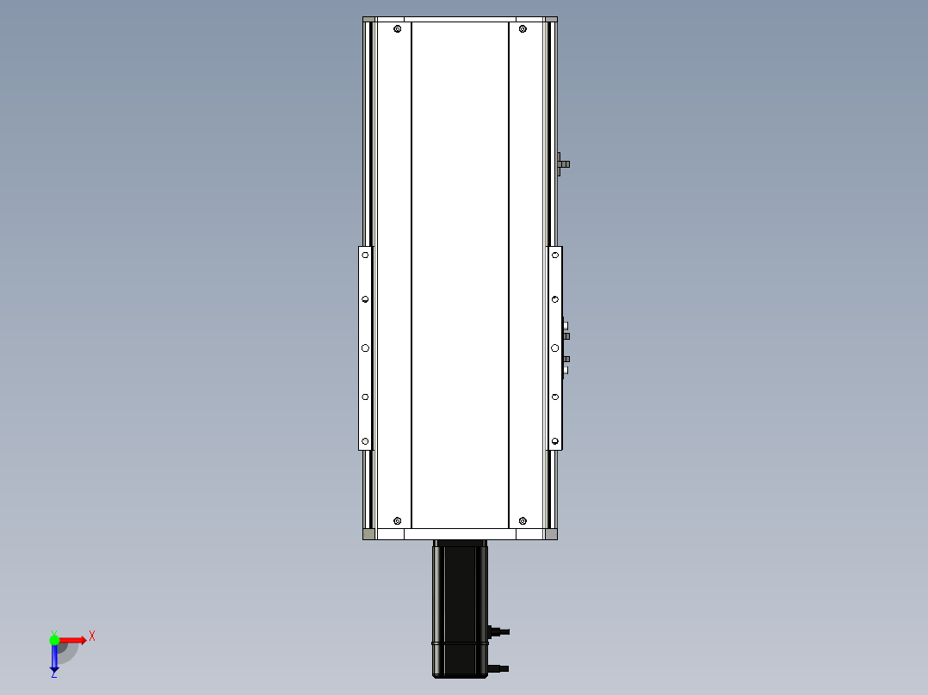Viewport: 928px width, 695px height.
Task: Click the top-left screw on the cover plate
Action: (x=397, y=30)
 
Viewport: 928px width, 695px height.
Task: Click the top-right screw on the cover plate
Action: (x=523, y=30)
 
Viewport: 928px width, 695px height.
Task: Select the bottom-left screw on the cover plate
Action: (x=397, y=520)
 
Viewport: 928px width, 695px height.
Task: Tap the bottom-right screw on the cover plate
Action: (x=523, y=520)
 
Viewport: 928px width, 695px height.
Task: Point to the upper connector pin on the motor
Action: (x=498, y=632)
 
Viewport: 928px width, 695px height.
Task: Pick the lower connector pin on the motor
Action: (x=498, y=667)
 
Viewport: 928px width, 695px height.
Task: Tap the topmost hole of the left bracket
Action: (x=365, y=255)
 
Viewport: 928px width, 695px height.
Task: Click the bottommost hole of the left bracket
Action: (x=365, y=441)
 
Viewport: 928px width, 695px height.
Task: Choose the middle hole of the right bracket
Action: (x=555, y=347)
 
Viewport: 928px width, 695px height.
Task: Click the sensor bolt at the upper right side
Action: (x=563, y=163)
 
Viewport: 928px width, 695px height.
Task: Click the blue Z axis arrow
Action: (x=54, y=658)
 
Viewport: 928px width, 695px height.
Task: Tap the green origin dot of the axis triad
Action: (x=54, y=639)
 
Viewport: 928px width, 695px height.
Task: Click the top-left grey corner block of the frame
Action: (x=368, y=20)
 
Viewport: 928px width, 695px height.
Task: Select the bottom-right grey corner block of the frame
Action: (x=551, y=534)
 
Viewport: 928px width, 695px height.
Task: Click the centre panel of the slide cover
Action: (x=460, y=275)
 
